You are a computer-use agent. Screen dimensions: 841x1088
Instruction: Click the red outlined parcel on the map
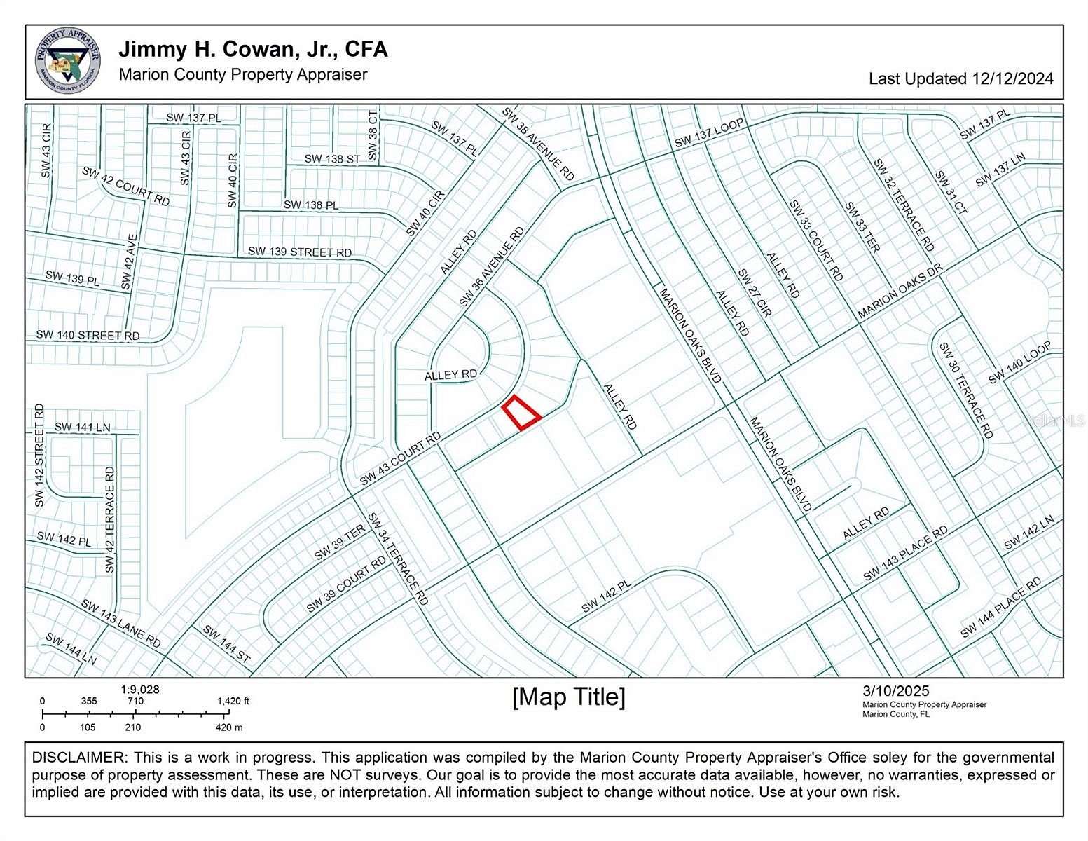click(x=521, y=413)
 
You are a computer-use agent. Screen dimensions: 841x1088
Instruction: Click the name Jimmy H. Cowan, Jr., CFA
click(x=253, y=50)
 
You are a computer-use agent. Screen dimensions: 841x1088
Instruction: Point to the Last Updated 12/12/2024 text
click(x=960, y=78)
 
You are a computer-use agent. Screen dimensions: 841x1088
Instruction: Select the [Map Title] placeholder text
click(x=569, y=697)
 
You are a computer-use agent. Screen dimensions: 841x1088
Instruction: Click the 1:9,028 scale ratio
click(x=139, y=690)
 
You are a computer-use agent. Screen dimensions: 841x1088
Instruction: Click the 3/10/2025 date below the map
click(x=895, y=692)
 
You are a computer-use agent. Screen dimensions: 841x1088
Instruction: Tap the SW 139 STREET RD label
click(x=300, y=252)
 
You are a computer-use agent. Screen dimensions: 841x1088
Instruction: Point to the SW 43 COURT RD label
click(x=400, y=459)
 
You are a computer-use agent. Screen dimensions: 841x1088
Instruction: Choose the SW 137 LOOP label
click(x=708, y=133)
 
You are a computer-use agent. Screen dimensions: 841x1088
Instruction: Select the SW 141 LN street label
click(x=82, y=427)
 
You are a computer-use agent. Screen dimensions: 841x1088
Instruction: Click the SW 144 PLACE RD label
click(x=1000, y=608)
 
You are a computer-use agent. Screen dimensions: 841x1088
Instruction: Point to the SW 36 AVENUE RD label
click(x=491, y=266)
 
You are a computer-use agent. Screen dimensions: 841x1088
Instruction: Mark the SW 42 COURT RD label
click(x=125, y=186)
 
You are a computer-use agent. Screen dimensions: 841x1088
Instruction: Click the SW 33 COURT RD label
click(x=816, y=240)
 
